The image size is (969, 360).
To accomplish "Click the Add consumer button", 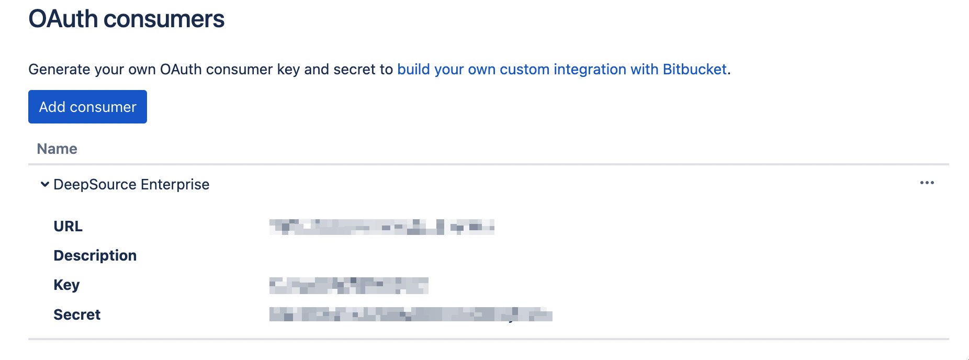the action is tap(87, 107).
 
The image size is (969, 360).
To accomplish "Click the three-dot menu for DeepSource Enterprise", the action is tap(927, 183).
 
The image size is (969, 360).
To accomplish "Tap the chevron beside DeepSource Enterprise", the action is tap(45, 184).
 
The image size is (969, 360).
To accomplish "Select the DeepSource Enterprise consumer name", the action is tap(131, 184).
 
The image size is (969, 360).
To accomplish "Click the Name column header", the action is tap(57, 149).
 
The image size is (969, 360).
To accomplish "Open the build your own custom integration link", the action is tap(561, 69).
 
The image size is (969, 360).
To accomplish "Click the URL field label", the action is tap(68, 226).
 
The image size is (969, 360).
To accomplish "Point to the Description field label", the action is tap(95, 255).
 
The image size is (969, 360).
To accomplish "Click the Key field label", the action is tap(66, 285).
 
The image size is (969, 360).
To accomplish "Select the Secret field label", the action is tap(77, 314).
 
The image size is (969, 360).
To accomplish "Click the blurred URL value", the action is tap(381, 227).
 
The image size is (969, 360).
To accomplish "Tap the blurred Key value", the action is tap(348, 285).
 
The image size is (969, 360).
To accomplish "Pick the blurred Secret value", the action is tap(411, 314).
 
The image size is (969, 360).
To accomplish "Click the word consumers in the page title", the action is tap(164, 19).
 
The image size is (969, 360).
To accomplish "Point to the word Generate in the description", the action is tap(59, 69).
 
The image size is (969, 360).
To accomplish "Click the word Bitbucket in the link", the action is tap(694, 69).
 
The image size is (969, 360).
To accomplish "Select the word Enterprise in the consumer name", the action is tap(175, 184).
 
